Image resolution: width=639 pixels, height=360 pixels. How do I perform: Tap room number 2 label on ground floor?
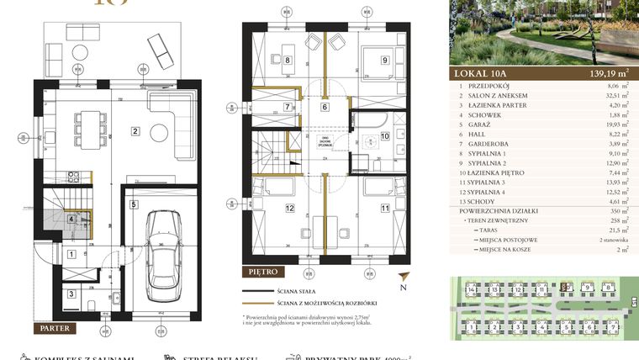pyautogui.click(x=135, y=130)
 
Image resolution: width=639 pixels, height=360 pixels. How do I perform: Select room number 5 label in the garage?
pyautogui.click(x=134, y=204)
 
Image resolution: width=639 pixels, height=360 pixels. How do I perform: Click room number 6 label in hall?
pyautogui.click(x=325, y=107)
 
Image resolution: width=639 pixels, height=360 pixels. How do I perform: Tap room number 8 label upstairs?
pyautogui.click(x=287, y=60)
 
